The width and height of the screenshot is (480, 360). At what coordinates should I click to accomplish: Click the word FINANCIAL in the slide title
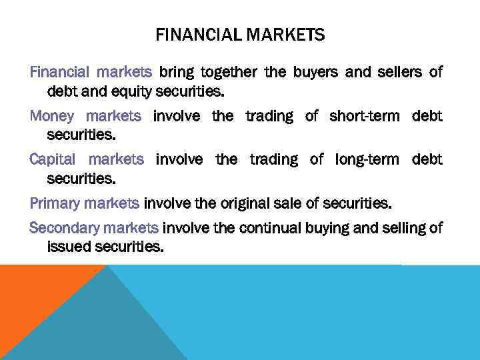[193, 35]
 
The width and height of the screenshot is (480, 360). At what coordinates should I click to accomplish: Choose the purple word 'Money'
[52, 116]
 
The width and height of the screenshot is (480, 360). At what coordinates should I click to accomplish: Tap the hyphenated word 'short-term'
[364, 116]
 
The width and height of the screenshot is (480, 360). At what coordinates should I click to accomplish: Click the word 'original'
[241, 203]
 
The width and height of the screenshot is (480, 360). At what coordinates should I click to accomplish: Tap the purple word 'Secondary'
[65, 228]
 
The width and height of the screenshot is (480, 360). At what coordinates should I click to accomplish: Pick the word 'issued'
[67, 246]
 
